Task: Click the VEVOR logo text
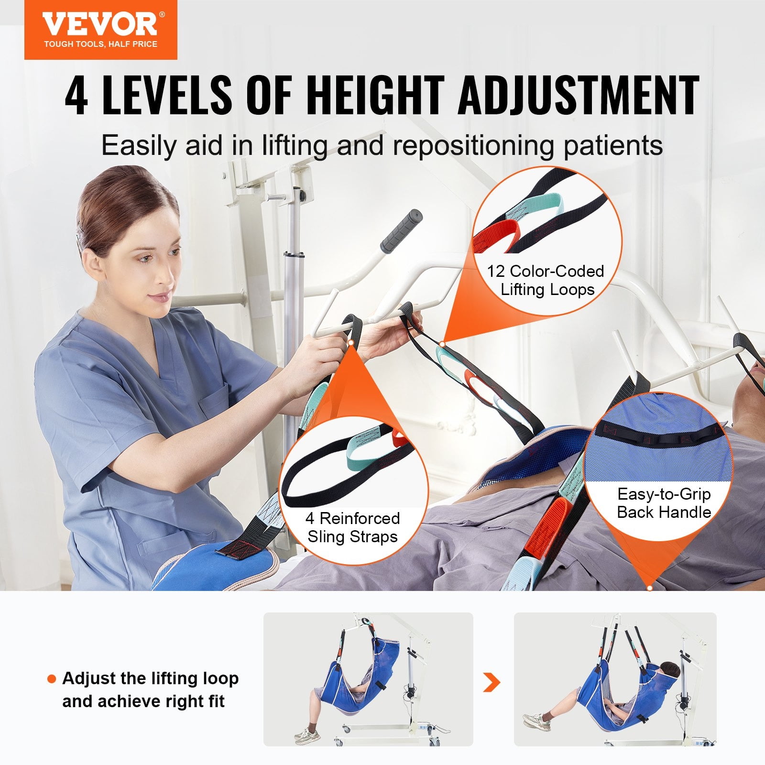99,23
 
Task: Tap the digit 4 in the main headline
76,96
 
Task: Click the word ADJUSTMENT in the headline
579,96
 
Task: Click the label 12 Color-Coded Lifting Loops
546,280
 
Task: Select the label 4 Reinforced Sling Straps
353,527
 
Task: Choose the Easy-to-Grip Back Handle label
664,503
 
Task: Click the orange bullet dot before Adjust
52,679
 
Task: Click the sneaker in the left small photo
306,734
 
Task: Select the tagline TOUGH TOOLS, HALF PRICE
100,44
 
